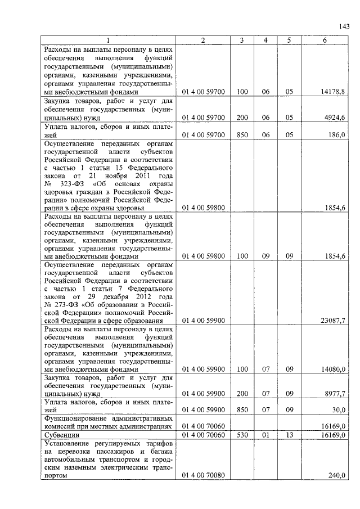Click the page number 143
344,26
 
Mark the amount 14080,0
333,370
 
